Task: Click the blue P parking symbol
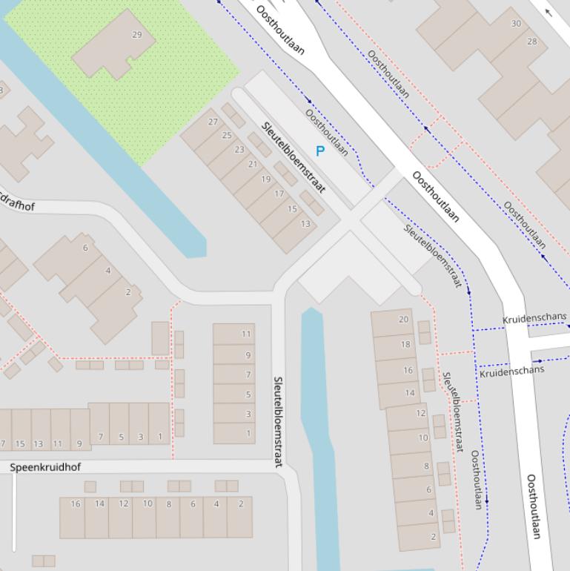click(320, 151)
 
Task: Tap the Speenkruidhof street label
click(46, 467)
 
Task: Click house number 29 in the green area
click(136, 35)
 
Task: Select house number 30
click(516, 24)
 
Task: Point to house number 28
click(532, 42)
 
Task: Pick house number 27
click(213, 122)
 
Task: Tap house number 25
click(227, 136)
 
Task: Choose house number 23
click(239, 150)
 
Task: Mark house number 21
click(253, 165)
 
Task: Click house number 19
click(266, 179)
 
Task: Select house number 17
click(279, 194)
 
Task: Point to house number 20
click(404, 320)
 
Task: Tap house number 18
click(405, 345)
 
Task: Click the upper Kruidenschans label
click(534, 319)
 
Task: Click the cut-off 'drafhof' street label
click(16, 204)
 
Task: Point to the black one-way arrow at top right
click(549, 11)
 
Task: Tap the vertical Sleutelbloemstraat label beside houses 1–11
click(278, 421)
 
